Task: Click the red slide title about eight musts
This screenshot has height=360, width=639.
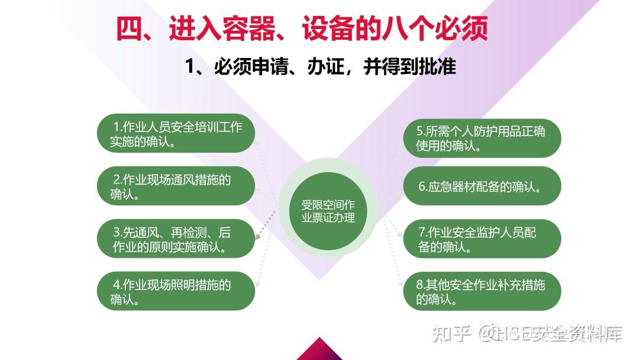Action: click(x=302, y=28)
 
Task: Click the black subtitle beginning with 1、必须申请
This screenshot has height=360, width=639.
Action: click(x=320, y=66)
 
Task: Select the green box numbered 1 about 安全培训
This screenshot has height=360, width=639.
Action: click(x=176, y=133)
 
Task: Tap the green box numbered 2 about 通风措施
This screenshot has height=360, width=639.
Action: click(x=176, y=186)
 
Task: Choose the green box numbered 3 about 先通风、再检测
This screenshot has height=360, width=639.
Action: click(x=176, y=239)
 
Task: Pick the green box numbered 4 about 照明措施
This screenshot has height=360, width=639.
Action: click(x=176, y=291)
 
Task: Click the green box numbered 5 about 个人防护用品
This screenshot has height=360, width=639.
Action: click(x=482, y=138)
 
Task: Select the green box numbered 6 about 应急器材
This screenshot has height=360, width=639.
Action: click(x=482, y=186)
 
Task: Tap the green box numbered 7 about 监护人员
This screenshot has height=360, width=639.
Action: click(x=482, y=239)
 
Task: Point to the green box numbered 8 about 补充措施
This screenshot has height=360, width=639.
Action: click(x=482, y=291)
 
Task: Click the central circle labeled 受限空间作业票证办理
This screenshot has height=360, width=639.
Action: click(x=328, y=211)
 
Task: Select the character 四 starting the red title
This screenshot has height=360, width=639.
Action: click(x=129, y=28)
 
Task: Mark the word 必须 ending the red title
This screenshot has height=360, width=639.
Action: click(x=461, y=28)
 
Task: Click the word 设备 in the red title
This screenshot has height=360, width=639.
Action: click(x=328, y=28)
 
